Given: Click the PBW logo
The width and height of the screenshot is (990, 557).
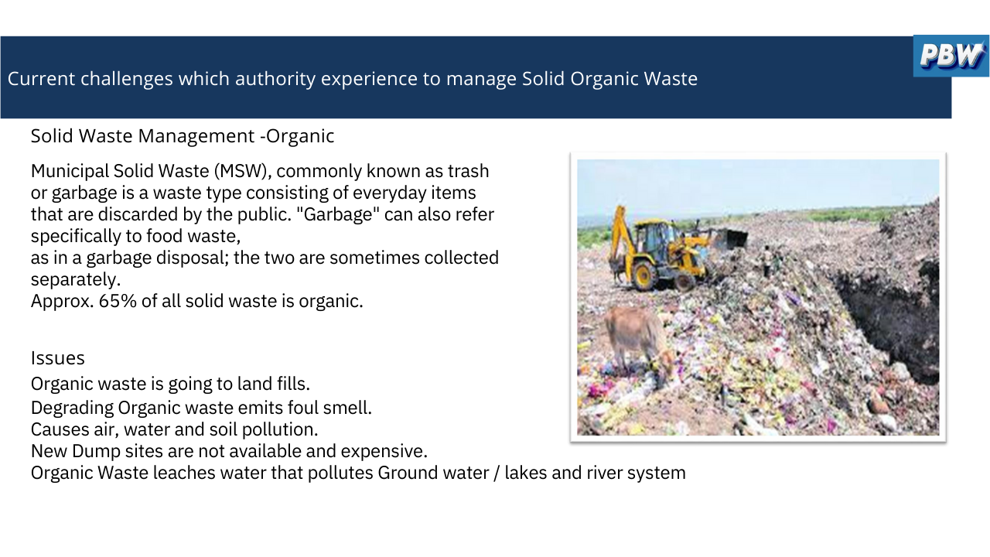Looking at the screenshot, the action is coord(951,56).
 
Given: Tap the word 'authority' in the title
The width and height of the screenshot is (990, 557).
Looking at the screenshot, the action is coord(275,80).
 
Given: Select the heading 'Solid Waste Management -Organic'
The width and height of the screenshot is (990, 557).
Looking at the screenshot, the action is coord(182,136).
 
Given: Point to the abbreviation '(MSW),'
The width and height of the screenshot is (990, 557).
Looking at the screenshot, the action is coord(243,171).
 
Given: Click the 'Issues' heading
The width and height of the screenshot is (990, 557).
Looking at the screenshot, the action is coord(57,358).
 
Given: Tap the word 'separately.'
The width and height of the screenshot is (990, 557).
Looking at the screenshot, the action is coord(76,280).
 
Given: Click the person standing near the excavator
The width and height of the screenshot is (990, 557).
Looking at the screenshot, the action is coord(768,261).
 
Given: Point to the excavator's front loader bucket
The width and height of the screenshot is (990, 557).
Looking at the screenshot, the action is coord(732,239).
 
